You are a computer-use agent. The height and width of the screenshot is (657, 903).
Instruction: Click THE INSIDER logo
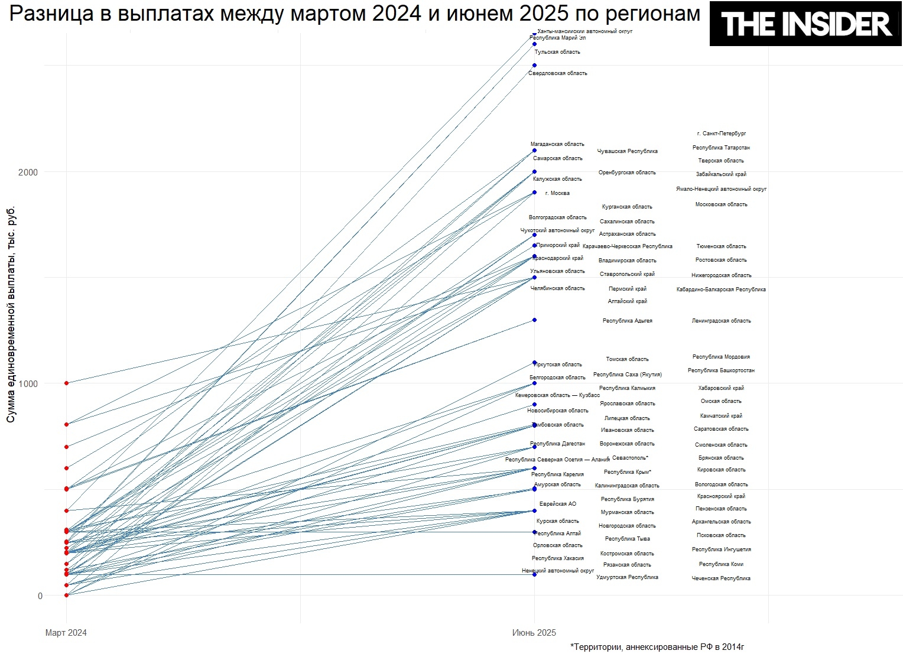[806, 24]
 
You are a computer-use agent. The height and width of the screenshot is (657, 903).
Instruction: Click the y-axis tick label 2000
[28, 172]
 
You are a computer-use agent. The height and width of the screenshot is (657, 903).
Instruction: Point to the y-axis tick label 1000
[28, 383]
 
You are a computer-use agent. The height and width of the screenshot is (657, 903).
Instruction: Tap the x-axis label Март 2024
[66, 633]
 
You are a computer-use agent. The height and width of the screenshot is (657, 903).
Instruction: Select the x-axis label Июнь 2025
[534, 633]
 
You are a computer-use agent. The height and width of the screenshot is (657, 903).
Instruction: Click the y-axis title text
[11, 314]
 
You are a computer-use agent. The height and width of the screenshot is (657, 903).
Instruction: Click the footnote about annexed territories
[657, 647]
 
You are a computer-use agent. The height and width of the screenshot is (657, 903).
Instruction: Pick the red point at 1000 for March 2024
[66, 383]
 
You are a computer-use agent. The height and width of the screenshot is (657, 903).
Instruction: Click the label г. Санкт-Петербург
[721, 134]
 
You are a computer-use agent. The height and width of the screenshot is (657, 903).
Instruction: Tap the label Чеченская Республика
[721, 578]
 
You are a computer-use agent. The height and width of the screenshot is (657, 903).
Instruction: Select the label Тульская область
[557, 52]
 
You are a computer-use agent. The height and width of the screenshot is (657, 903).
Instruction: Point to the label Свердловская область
[557, 73]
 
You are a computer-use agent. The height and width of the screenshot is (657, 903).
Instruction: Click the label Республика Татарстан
[721, 148]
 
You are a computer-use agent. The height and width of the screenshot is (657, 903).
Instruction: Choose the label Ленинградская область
[721, 321]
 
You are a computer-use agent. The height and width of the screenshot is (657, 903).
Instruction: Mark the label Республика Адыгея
[627, 321]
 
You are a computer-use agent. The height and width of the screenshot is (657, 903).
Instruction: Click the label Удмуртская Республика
[627, 577]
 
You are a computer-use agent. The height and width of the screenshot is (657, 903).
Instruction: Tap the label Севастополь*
[630, 458]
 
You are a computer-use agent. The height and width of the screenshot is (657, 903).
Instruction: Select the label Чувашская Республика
[627, 151]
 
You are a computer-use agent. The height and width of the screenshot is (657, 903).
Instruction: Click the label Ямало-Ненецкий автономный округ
[721, 189]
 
